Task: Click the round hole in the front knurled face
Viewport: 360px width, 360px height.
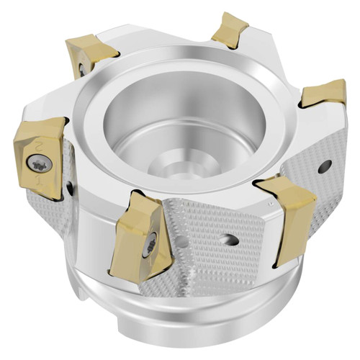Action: coord(232,240)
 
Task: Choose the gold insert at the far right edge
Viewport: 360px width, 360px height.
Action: coord(324,94)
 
